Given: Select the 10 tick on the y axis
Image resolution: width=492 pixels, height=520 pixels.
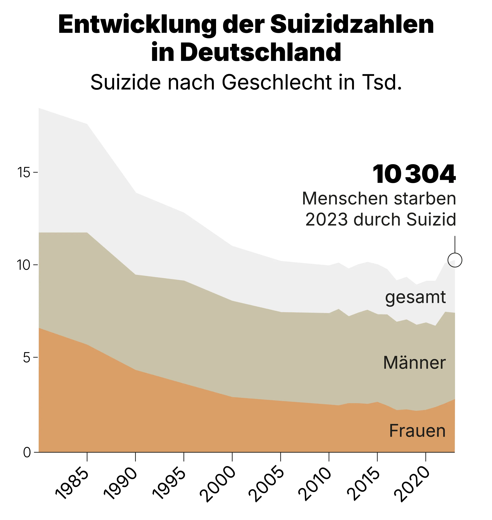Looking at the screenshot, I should pyautogui.click(x=24, y=265).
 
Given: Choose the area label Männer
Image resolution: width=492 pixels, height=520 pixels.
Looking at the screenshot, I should pyautogui.click(x=414, y=363).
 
